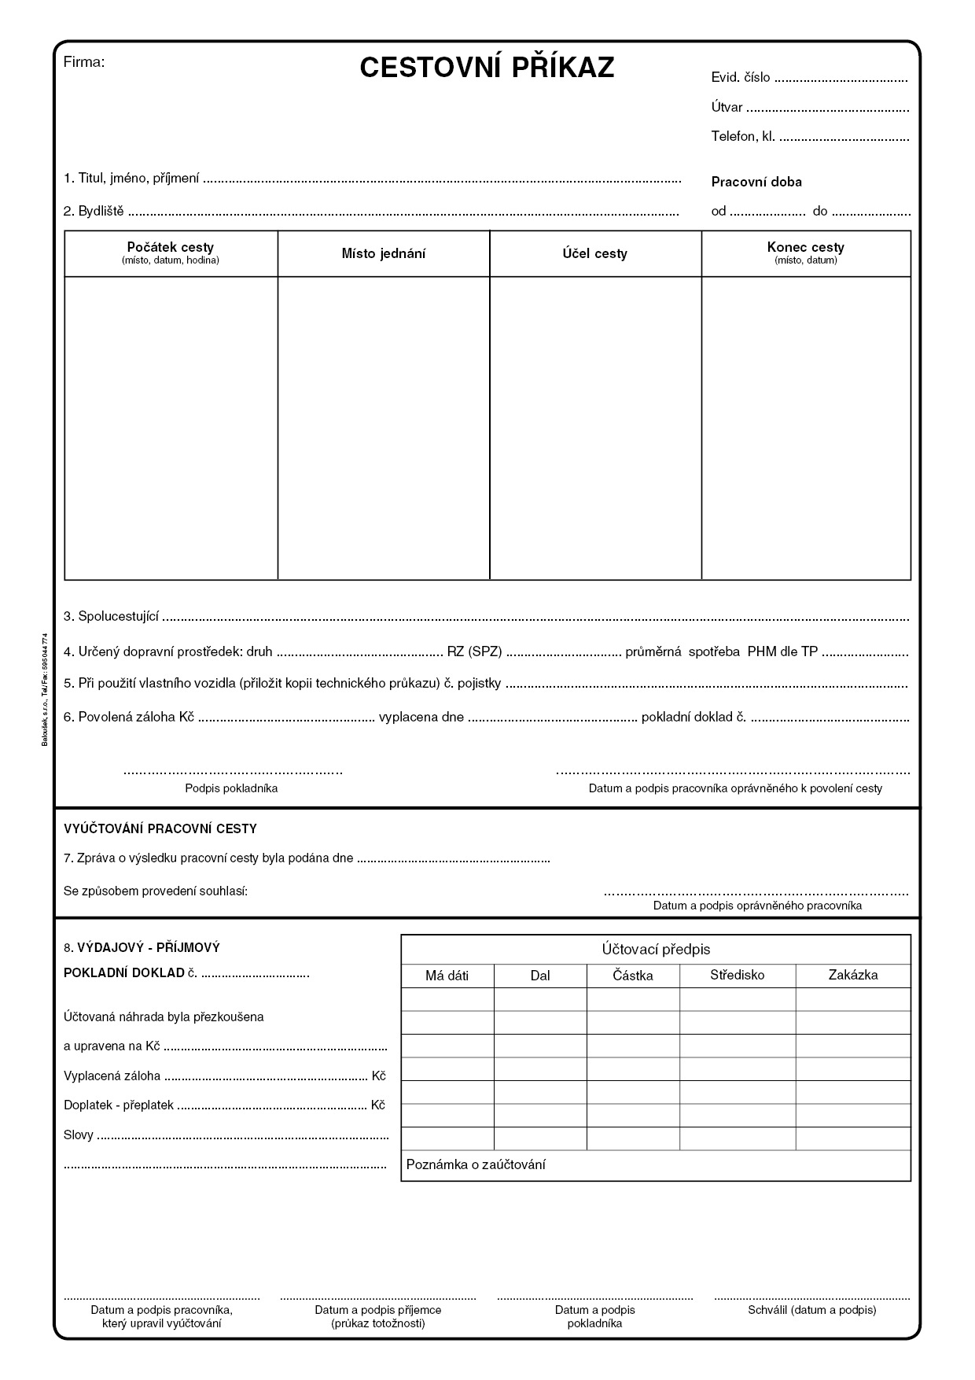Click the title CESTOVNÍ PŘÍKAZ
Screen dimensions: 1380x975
[x=487, y=68]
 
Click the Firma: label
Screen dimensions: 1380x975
[x=83, y=62]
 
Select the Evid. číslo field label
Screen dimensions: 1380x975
[x=740, y=78]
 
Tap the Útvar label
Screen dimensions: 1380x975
[x=727, y=108]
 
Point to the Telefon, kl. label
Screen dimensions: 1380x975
[x=743, y=136]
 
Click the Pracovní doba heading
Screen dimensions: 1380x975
[x=756, y=182]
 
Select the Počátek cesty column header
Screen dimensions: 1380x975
[x=171, y=248]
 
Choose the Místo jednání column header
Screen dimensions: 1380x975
[x=384, y=253]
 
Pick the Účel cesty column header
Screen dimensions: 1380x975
[x=594, y=253]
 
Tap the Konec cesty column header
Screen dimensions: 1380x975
[x=805, y=248]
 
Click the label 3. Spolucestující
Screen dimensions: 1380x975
[x=112, y=616]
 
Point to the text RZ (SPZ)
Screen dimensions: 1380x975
[x=474, y=651]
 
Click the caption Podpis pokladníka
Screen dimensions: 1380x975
[x=231, y=788]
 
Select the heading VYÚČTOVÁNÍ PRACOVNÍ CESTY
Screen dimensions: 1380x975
[x=160, y=828]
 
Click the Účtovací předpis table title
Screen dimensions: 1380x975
[x=656, y=950]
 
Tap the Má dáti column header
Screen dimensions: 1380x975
[x=447, y=976]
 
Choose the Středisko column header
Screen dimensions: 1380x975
[x=737, y=975]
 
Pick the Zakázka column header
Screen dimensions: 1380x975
[x=852, y=975]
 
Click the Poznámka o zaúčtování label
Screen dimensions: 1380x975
[x=476, y=1164]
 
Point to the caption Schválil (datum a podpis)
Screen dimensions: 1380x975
[x=811, y=1310]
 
